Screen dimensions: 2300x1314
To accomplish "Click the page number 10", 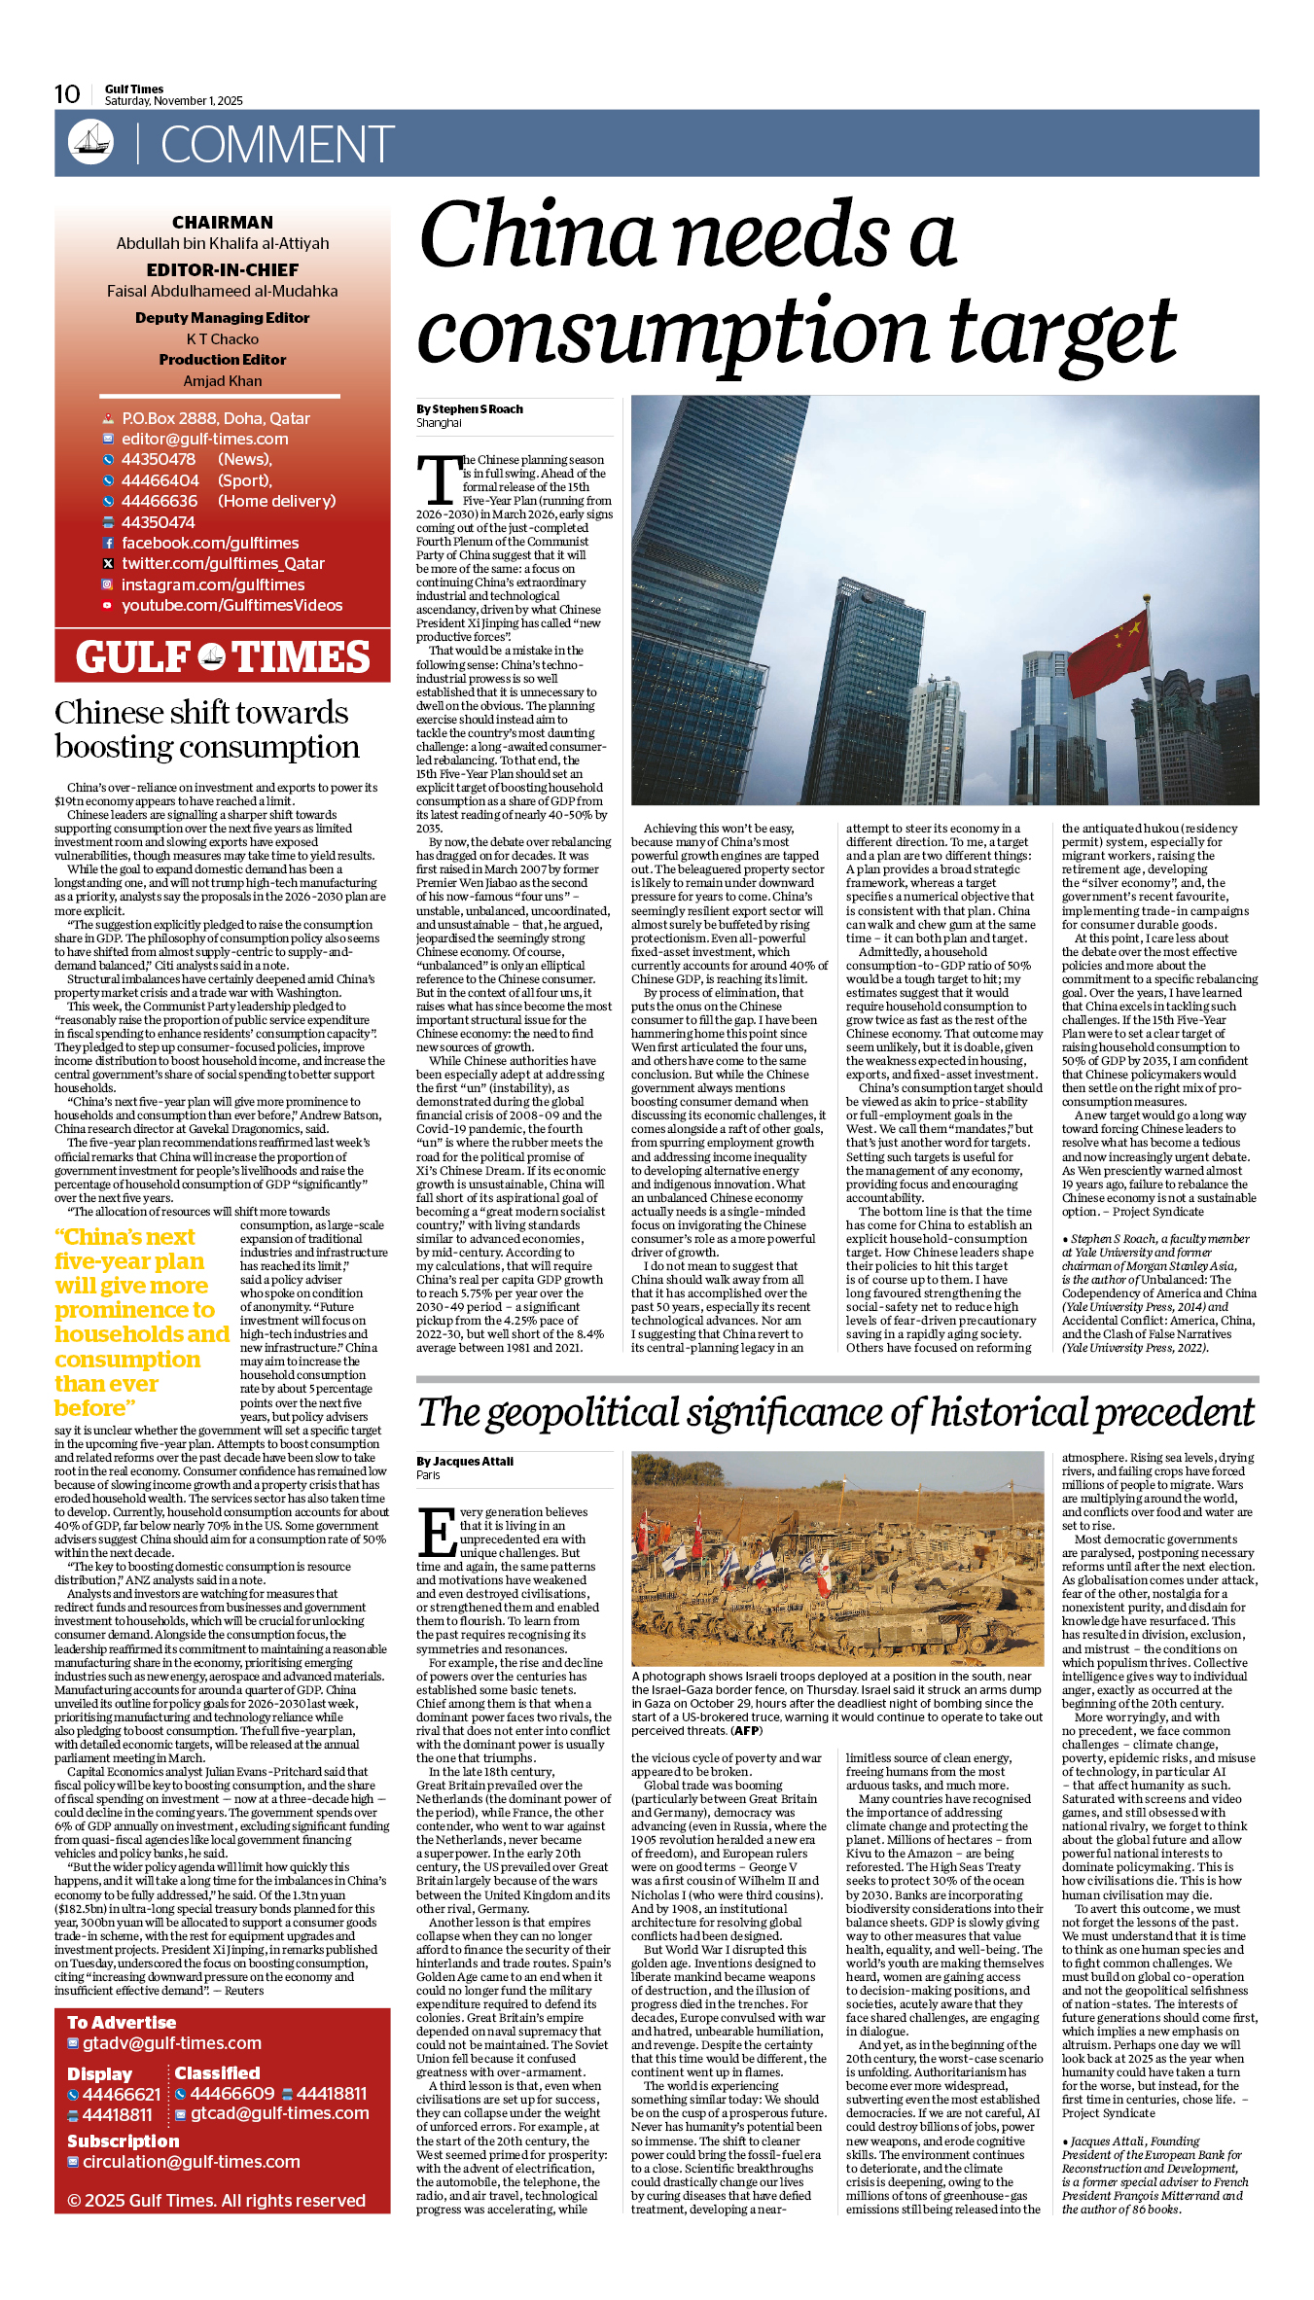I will [x=67, y=94].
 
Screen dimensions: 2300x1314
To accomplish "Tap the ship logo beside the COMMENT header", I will [x=90, y=142].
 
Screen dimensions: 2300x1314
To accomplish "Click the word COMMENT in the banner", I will [x=277, y=145].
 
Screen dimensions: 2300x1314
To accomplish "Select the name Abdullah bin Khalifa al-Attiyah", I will [x=223, y=243].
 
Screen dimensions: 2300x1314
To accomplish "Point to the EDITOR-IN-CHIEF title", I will [x=223, y=269].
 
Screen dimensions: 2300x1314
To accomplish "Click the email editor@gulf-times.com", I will [x=204, y=439].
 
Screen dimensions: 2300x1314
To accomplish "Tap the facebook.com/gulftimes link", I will [x=210, y=543].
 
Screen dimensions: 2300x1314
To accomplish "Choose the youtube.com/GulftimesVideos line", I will [x=231, y=605].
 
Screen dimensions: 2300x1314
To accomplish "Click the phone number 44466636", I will [x=159, y=501].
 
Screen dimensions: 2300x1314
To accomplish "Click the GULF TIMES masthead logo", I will [x=223, y=657].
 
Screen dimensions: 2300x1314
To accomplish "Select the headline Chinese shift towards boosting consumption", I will [x=207, y=729].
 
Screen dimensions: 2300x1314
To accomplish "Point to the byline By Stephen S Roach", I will [x=470, y=409].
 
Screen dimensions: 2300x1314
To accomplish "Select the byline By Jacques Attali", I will [x=465, y=1461].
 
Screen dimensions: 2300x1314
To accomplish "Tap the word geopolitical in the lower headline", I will [x=583, y=1413].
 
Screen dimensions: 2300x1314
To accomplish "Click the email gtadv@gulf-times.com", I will [x=172, y=2043].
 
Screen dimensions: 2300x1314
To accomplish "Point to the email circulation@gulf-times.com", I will [x=192, y=2162].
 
